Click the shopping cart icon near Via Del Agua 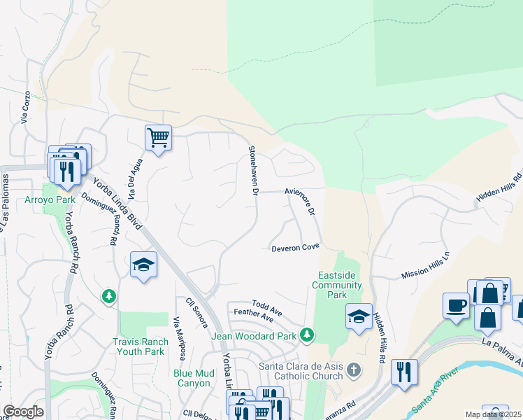(x=158, y=137)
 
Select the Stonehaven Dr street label (x=254, y=171)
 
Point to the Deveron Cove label (x=295, y=247)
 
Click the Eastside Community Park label (x=337, y=284)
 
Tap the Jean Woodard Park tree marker (x=306, y=336)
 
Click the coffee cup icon (x=456, y=305)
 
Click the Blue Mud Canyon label (x=192, y=378)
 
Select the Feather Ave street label (x=253, y=316)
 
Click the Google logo (x=23, y=412)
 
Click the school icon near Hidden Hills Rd (x=359, y=316)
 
